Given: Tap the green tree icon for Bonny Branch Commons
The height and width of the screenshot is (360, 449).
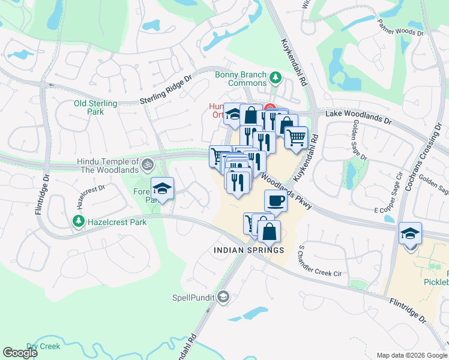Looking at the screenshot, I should click(x=276, y=77).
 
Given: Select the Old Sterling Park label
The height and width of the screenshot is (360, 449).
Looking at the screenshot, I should click(x=88, y=107).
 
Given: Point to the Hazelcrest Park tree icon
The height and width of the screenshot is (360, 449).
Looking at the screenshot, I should click(x=78, y=221).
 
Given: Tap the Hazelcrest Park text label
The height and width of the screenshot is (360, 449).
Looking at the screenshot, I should click(x=117, y=222).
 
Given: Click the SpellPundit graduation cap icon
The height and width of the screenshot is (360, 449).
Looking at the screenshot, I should click(x=223, y=296).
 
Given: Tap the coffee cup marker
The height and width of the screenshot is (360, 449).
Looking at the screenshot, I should click(x=276, y=200).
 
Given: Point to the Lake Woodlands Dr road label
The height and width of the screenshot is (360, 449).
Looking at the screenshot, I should click(x=358, y=116).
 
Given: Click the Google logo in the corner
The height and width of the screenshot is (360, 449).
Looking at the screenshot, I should click(x=19, y=353).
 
